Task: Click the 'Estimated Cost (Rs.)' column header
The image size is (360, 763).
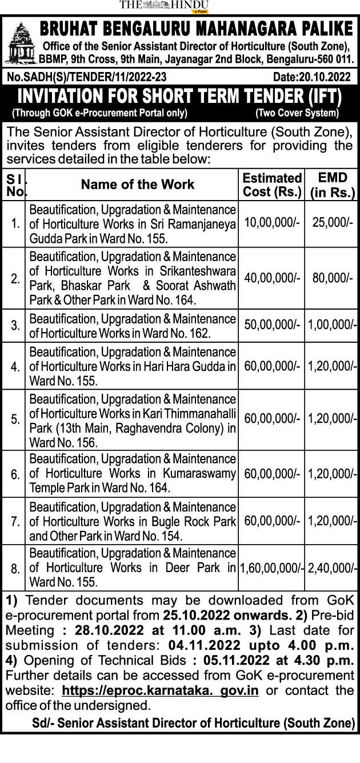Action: [271, 185]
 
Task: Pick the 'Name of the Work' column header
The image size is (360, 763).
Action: [138, 184]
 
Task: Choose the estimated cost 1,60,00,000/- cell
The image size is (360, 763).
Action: [271, 568]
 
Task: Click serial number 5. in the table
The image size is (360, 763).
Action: [15, 420]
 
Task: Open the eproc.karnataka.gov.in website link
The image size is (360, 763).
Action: [160, 690]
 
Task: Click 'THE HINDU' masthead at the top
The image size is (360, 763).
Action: [164, 5]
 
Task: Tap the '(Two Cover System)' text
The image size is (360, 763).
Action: [297, 113]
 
